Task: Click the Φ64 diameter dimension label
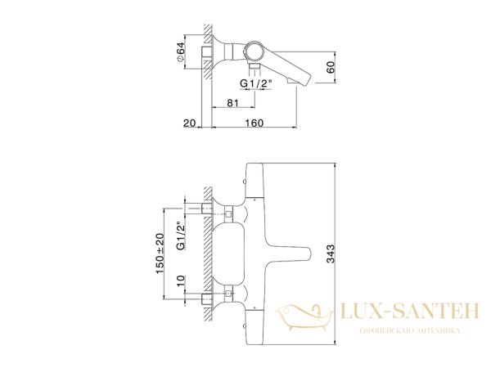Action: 181,52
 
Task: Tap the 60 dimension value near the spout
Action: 331,67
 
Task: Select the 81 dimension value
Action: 232,103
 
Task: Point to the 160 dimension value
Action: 254,123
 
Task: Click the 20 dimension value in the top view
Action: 190,123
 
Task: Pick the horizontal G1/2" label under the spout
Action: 256,83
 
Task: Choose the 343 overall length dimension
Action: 331,254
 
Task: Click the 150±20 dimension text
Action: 160,254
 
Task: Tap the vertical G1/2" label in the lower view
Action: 181,236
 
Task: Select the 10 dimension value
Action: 181,280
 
